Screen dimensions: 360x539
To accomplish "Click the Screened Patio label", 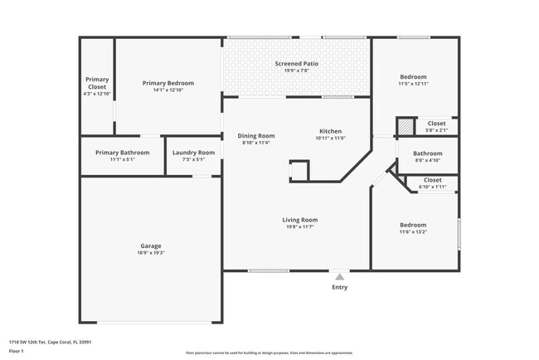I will (296, 64).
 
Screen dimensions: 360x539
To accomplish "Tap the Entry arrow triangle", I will (339, 277).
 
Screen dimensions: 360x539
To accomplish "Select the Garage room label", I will (150, 246).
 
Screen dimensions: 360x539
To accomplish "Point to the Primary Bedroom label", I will (168, 83).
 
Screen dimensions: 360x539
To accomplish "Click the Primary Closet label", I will (97, 83).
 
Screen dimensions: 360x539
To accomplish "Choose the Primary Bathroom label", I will (122, 153).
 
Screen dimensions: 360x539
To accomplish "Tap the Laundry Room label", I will (193, 153).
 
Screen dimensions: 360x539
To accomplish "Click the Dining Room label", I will (256, 136).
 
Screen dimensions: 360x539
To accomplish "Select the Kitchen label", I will (330, 131).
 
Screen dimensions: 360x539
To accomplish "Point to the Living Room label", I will (299, 220).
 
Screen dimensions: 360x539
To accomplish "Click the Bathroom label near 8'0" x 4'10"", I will (428, 153).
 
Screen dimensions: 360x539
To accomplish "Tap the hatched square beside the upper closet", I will (405, 127).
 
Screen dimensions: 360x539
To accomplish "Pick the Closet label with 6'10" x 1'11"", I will (433, 180).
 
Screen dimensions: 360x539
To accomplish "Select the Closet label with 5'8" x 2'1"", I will (436, 124).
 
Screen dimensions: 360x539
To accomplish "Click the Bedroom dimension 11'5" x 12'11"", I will (413, 85).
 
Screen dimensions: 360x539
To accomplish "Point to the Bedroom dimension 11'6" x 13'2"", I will (413, 232).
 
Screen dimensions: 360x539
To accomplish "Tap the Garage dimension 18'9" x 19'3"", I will (150, 253).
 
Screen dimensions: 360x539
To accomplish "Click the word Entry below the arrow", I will (340, 288).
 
